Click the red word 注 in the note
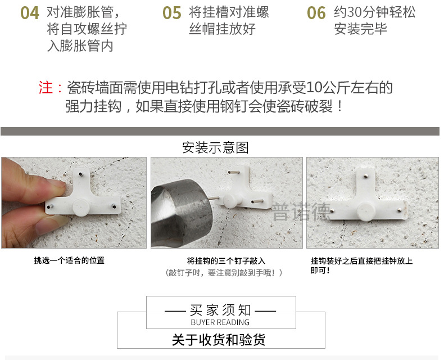(x=46, y=88)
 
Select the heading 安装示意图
(x=215, y=148)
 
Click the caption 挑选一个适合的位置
(x=69, y=260)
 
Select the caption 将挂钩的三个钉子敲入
(x=226, y=261)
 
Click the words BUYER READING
(x=220, y=322)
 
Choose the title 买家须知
(x=220, y=310)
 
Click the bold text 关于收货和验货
(x=219, y=340)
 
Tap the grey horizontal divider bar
(x=220, y=131)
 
